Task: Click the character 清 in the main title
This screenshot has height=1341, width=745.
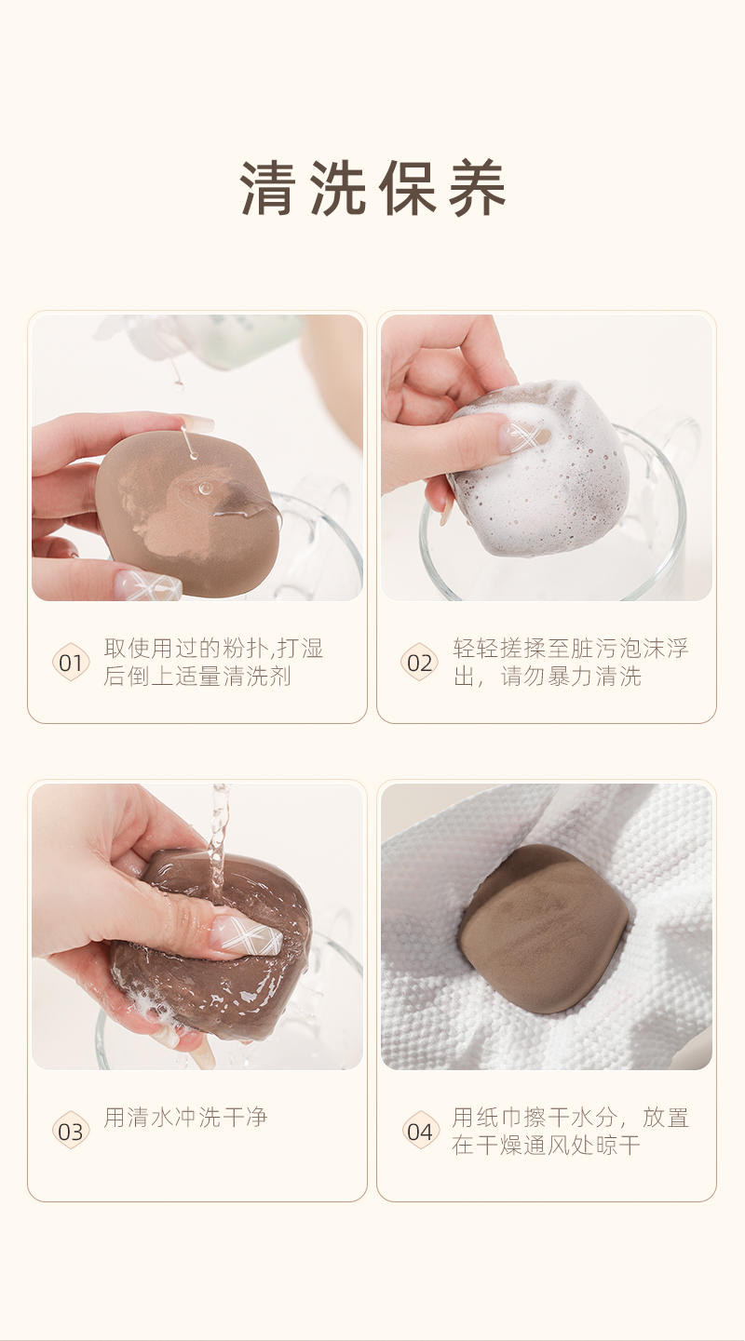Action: pos(267,187)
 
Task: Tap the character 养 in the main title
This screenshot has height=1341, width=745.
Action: pos(478,187)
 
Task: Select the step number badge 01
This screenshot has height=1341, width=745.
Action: pos(71,662)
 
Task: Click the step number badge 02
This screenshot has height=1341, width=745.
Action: pos(419,662)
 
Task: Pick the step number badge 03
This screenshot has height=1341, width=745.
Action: pos(71,1131)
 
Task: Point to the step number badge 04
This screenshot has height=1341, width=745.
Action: pos(419,1131)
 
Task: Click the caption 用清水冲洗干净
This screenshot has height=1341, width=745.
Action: pos(185,1117)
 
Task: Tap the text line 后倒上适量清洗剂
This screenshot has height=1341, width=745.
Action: pos(197,676)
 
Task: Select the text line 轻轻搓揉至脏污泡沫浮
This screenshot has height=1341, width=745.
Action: pos(571,649)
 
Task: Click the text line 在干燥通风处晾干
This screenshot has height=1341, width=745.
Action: pos(546,1145)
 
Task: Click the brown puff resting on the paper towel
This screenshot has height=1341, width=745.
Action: pos(544,929)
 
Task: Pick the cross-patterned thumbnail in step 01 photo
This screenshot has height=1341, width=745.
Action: pos(148,585)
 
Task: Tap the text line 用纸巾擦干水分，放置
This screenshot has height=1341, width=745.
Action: pos(571,1117)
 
